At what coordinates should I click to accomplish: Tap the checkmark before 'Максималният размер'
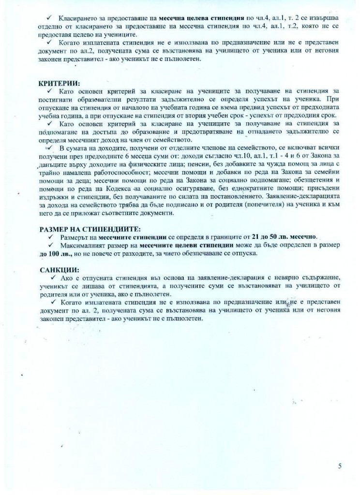pyautogui.click(x=50, y=245)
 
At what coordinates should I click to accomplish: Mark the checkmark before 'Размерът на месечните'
pyautogui.click(x=50, y=237)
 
